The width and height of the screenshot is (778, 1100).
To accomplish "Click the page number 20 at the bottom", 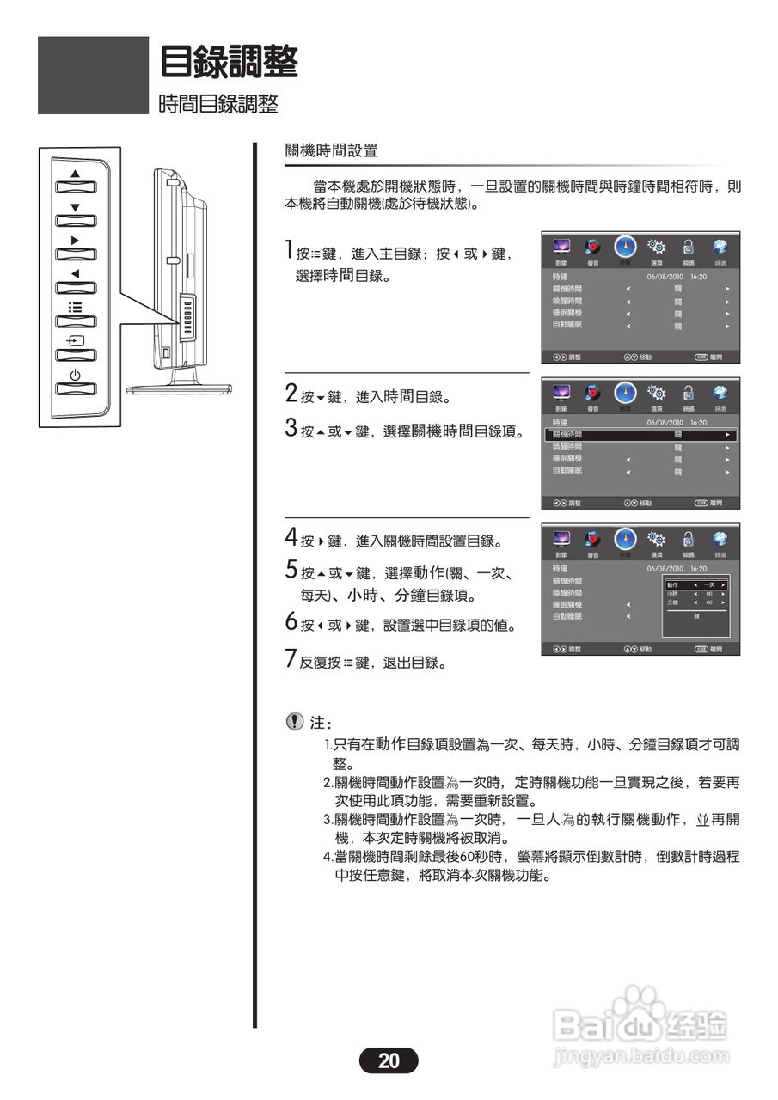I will [389, 1060].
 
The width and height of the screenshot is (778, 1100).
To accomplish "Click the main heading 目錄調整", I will [230, 61].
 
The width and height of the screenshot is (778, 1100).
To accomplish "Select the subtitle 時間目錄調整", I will [218, 105].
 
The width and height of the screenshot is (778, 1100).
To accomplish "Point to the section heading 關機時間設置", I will [331, 150].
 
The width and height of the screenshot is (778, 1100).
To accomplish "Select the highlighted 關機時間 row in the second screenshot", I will [641, 436].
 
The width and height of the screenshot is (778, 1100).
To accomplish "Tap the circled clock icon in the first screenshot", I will [625, 247].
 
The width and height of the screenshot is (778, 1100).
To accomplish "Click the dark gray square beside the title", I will [93, 75].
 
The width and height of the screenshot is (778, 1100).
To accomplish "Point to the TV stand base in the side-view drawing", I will [180, 388].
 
